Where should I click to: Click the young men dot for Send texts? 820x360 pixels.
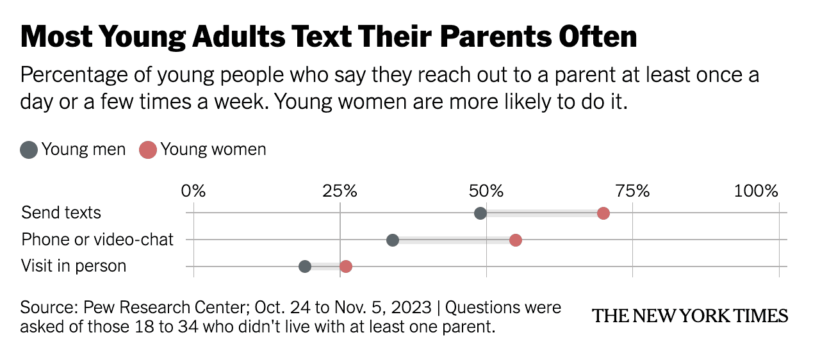pos(480,213)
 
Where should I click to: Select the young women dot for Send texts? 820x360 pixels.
pos(603,213)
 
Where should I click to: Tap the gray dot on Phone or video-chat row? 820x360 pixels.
pos(393,240)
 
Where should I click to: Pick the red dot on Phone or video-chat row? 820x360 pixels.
pos(516,240)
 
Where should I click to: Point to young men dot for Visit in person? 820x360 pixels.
pos(305,266)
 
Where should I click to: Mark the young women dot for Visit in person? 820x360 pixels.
pos(346,266)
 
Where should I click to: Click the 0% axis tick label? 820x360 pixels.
pos(193,191)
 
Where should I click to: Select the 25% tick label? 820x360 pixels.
pos(340,191)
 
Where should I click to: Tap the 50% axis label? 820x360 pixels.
pos(486,191)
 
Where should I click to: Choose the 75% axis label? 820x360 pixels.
pos(632,191)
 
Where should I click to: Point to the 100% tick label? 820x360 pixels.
pos(756,191)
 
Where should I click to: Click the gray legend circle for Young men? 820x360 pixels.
pos(29,151)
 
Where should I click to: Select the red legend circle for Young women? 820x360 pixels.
pos(148,151)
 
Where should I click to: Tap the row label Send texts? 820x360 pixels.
pos(61,213)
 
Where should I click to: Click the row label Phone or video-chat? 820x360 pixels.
pos(97,240)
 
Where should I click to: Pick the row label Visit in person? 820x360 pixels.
pos(74,266)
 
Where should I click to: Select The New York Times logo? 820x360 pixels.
pos(690,316)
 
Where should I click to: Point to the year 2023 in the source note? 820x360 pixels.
pos(411,307)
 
